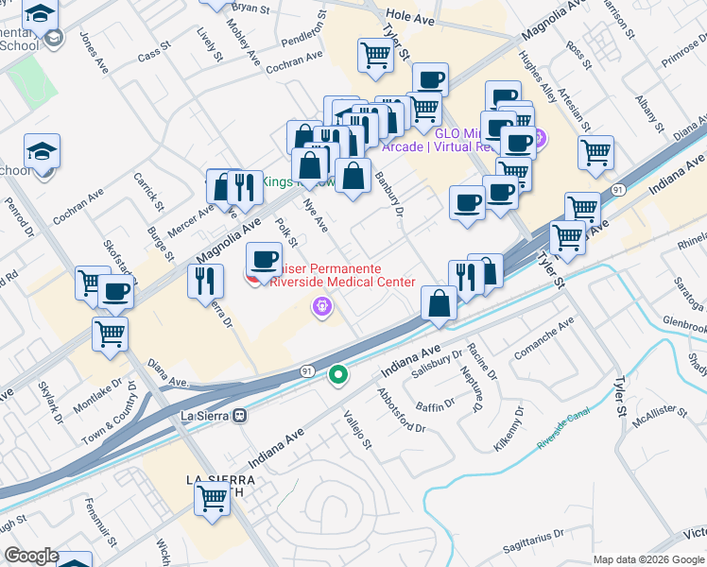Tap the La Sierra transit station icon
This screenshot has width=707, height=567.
[x=240, y=415]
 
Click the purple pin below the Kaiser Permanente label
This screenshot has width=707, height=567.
[x=322, y=306]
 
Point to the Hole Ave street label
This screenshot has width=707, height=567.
[x=408, y=16]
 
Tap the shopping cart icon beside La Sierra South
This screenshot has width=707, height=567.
[x=213, y=498]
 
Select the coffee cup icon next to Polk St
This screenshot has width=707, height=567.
[x=265, y=258]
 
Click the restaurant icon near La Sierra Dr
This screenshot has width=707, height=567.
[x=204, y=279]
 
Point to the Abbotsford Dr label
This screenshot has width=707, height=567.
[x=402, y=409]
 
